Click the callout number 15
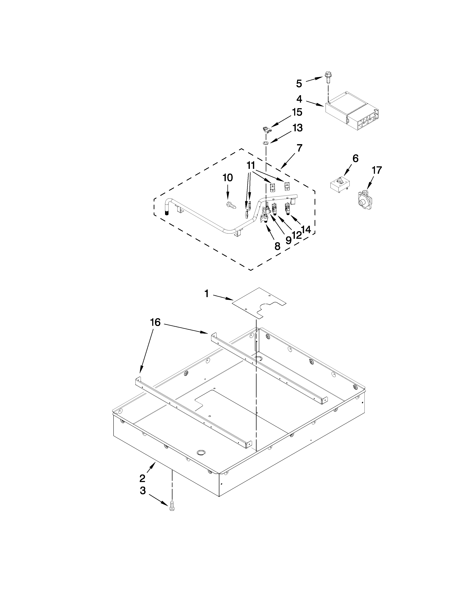297,112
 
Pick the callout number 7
300,148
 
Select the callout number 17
377,170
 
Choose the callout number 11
251,165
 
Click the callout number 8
277,246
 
